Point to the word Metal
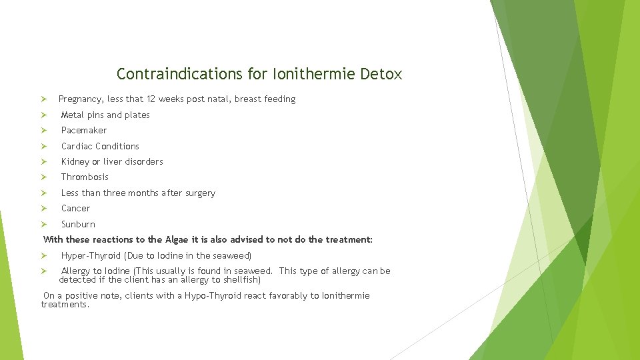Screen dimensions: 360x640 pyautogui.click(x=72, y=115)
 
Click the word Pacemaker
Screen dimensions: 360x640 pyautogui.click(x=84, y=131)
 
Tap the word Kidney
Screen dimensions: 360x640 pyautogui.click(x=75, y=161)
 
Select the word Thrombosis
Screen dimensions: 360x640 pyautogui.click(x=85, y=177)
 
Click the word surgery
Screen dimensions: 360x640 pyautogui.click(x=199, y=193)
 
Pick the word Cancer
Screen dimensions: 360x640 pyautogui.click(x=75, y=209)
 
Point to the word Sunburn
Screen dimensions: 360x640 pyautogui.click(x=78, y=224)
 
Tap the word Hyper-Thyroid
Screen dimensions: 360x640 pyautogui.click(x=91, y=256)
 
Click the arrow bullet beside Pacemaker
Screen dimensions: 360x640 pyautogui.click(x=43, y=131)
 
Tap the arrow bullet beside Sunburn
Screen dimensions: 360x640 pyautogui.click(x=43, y=224)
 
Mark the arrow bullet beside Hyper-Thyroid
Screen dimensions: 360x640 pyautogui.click(x=43, y=256)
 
